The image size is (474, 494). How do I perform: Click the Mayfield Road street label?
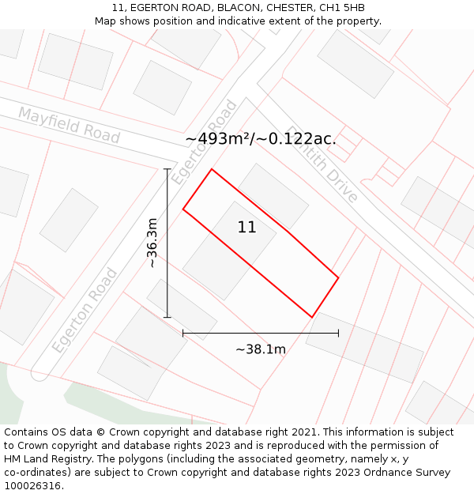[69, 125]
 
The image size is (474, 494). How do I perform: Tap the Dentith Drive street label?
[322, 164]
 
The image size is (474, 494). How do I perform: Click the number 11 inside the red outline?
[246, 228]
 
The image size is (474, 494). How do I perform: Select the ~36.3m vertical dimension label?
[152, 243]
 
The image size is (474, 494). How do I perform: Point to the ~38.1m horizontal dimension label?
[261, 349]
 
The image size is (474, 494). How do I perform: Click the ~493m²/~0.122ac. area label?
[261, 139]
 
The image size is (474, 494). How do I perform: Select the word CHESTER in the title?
[289, 8]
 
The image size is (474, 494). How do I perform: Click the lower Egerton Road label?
[85, 311]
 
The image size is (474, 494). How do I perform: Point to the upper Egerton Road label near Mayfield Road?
[205, 142]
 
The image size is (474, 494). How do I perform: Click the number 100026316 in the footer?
[34, 486]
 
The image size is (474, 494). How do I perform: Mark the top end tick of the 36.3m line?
[167, 169]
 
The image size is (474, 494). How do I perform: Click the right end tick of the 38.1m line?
[338, 334]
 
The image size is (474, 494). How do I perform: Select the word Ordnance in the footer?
[373, 473]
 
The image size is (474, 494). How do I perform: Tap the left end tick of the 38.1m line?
[183, 334]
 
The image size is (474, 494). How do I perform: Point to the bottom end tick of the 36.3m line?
[167, 317]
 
